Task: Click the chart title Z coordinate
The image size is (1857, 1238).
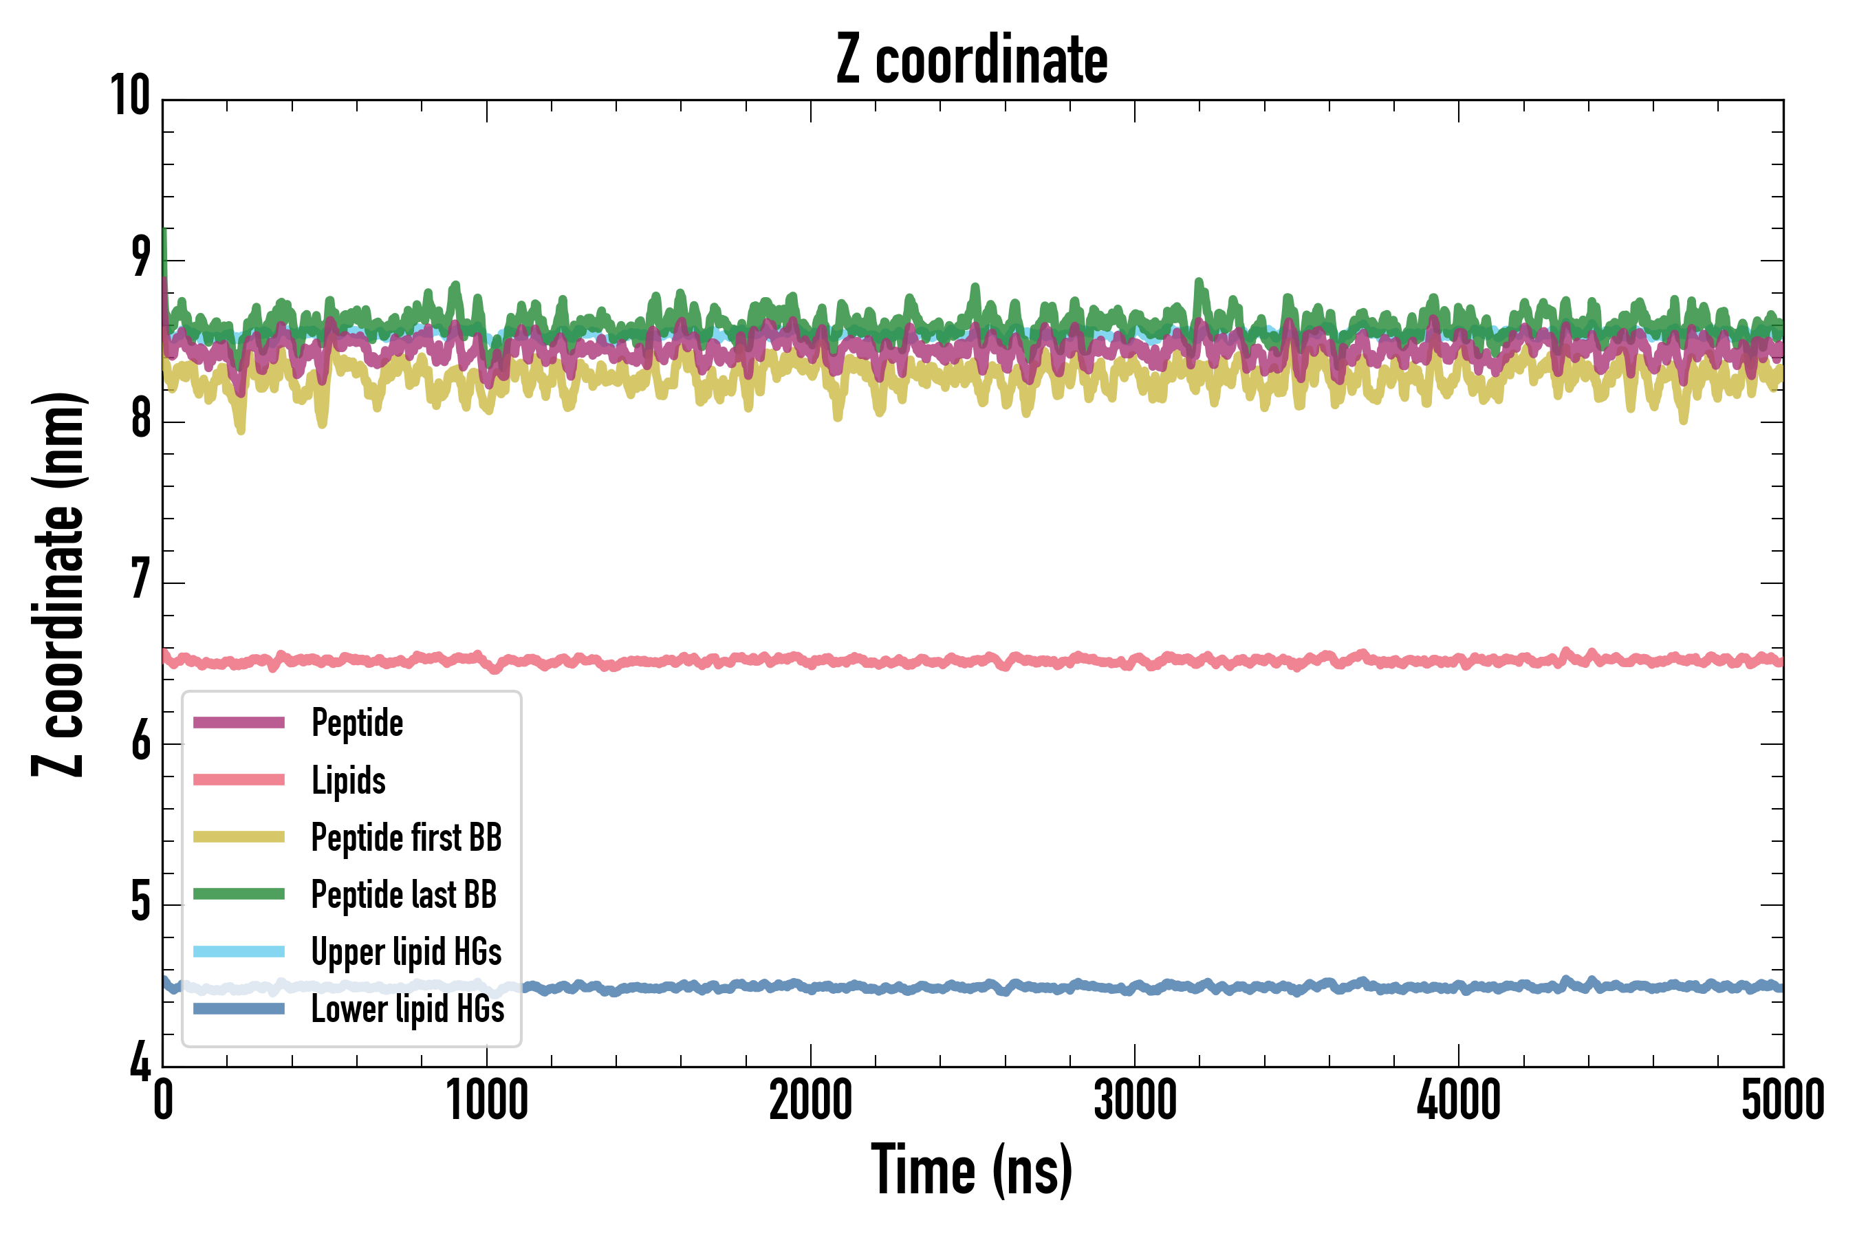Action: click(x=972, y=60)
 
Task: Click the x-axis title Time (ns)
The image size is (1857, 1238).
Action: click(x=972, y=1170)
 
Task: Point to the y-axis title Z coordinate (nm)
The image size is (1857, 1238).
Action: click(x=58, y=584)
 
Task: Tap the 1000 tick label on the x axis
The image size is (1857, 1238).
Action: click(x=486, y=1100)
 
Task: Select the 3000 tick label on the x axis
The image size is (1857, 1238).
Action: click(x=1135, y=1100)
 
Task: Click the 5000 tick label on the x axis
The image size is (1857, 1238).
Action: click(x=1782, y=1100)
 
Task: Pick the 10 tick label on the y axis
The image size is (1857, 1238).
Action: click(x=130, y=96)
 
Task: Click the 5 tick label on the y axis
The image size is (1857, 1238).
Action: click(x=140, y=902)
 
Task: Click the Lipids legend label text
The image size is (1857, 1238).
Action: click(x=348, y=780)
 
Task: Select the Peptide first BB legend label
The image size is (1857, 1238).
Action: click(x=406, y=837)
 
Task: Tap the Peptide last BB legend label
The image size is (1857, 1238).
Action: click(x=404, y=895)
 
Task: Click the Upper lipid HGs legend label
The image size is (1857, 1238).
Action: click(x=406, y=951)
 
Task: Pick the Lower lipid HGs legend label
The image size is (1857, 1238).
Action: click(x=407, y=1009)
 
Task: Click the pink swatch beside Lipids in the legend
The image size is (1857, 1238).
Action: click(x=239, y=780)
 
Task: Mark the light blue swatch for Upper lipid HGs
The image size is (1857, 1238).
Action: click(x=239, y=951)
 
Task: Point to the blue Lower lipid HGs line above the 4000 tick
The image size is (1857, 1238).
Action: click(x=1458, y=988)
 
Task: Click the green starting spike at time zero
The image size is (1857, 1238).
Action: click(x=164, y=245)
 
